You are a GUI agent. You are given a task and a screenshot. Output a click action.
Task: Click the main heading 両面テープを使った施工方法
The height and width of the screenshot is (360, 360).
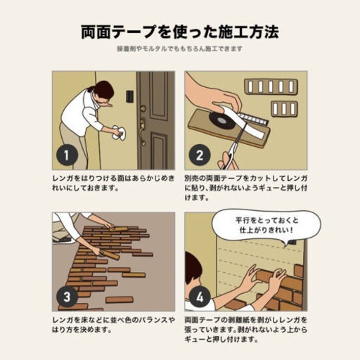pyautogui.click(x=180, y=32)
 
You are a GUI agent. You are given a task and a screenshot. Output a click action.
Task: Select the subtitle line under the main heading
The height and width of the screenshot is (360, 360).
pyautogui.click(x=180, y=49)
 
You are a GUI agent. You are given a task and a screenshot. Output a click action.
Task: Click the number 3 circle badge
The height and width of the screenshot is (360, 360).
pyautogui.click(x=65, y=295)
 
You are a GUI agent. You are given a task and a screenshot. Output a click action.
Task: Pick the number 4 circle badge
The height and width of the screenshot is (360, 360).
pyautogui.click(x=199, y=295)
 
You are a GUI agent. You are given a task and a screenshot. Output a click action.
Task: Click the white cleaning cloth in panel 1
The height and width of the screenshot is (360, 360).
pyautogui.click(x=116, y=133)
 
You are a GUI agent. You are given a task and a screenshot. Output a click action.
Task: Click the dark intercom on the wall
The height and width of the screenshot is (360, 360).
pyautogui.click(x=129, y=96)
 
